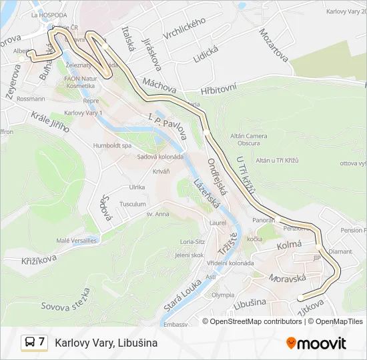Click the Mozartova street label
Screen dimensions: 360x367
[x=274, y=45]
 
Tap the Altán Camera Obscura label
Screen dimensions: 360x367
[x=248, y=140]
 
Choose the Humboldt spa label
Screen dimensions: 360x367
[x=113, y=145]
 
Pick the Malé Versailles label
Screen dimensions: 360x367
[x=77, y=241]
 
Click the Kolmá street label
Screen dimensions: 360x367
[x=290, y=245]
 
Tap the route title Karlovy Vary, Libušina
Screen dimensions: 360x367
[x=106, y=343]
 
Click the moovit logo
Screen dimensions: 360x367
[x=316, y=343]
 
